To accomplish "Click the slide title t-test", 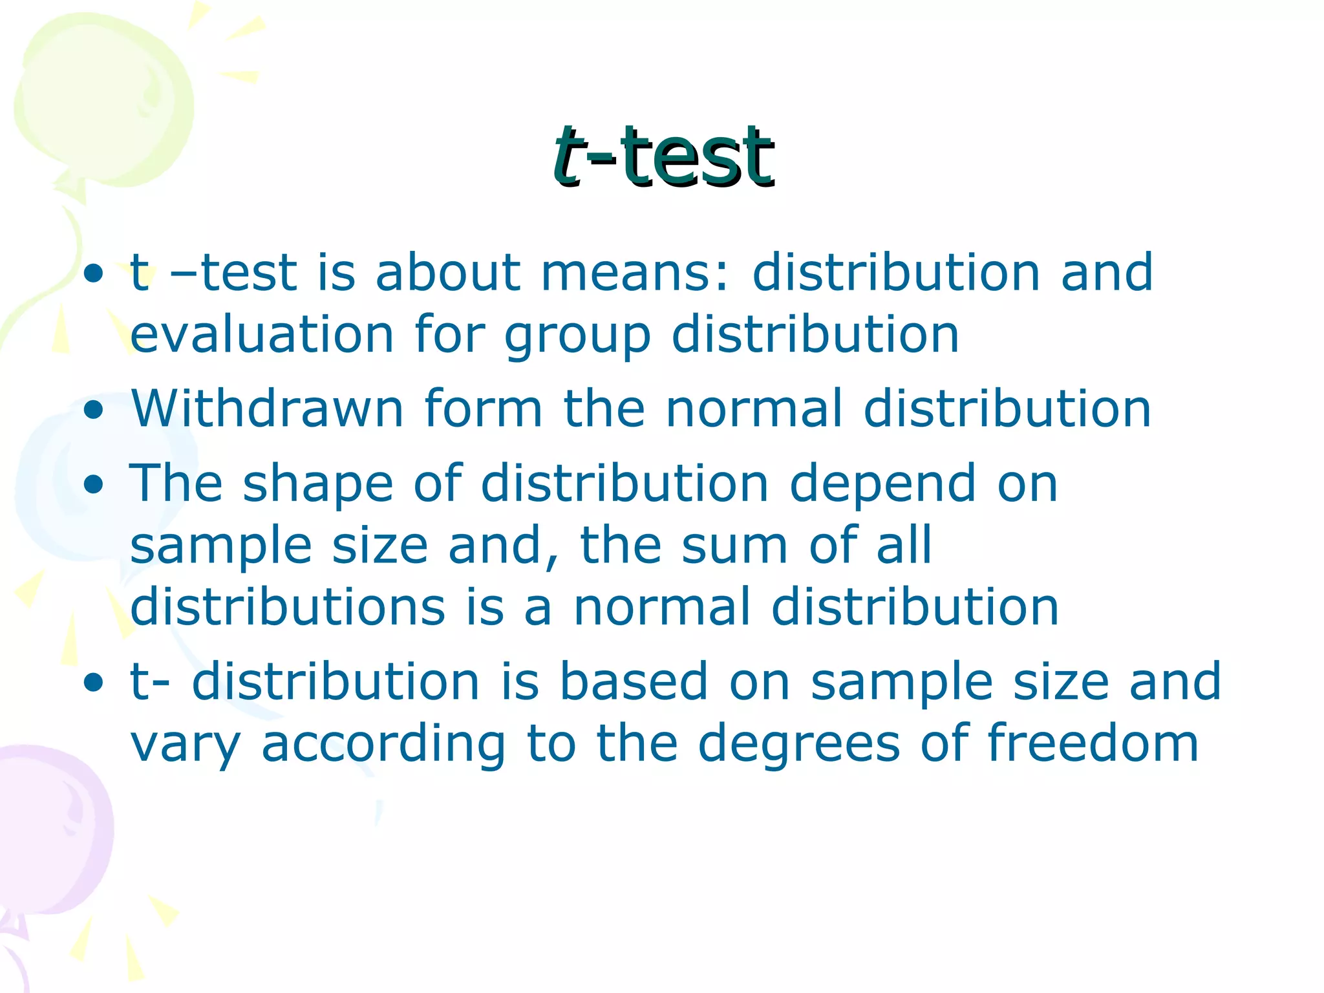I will [x=663, y=156].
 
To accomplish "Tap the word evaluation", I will [x=262, y=334].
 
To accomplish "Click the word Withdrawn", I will [x=268, y=409].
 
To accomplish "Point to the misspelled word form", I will [x=483, y=409].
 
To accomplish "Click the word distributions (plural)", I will [x=288, y=607].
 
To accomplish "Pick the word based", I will [x=634, y=681].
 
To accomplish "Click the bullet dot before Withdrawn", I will [x=94, y=411].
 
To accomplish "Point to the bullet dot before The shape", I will [x=94, y=486].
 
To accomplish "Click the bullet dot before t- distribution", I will [x=94, y=683].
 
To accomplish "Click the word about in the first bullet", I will [x=447, y=272].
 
